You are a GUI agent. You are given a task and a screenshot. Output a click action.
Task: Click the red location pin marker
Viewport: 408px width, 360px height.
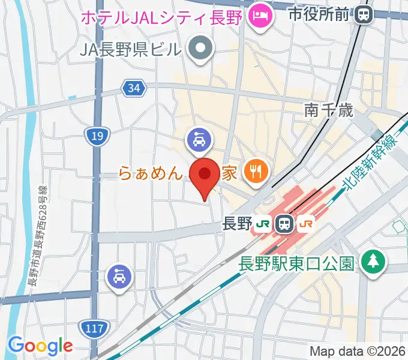(204, 175)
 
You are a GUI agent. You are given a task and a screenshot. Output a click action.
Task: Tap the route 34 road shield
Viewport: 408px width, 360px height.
(134, 89)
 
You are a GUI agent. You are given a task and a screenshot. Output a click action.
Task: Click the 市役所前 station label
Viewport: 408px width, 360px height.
(319, 13)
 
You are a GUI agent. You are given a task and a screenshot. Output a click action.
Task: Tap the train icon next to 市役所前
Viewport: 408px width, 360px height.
(363, 13)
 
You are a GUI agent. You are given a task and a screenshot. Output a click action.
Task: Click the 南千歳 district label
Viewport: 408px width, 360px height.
(328, 110)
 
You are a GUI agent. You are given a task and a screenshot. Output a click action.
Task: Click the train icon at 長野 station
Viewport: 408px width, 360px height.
(284, 224)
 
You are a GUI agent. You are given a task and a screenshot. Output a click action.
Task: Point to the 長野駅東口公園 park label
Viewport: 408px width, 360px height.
(298, 263)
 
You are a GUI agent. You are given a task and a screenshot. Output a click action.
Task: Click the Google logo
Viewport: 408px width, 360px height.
(40, 345)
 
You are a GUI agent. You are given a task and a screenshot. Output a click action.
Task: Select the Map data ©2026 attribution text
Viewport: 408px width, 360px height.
(358, 352)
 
